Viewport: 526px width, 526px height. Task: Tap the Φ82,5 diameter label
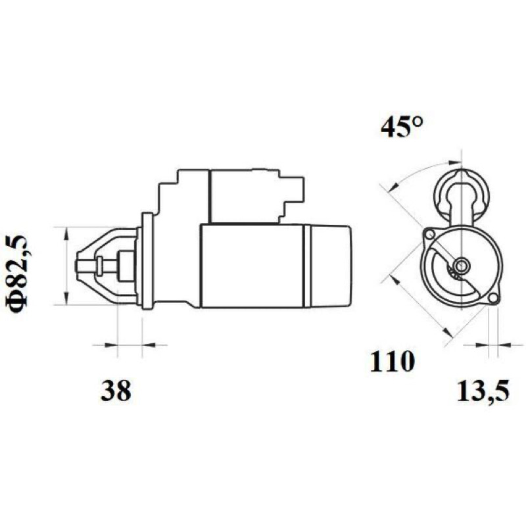[x=16, y=274]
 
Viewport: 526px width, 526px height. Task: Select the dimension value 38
[x=116, y=391]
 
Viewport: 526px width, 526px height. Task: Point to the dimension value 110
[x=392, y=362]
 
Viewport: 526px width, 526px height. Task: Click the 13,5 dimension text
[x=483, y=391]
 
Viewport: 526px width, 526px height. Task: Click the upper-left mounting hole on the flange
[x=429, y=234]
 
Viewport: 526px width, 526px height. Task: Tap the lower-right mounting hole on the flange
[x=492, y=298]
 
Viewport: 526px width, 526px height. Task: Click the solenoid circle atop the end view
[x=463, y=194]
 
